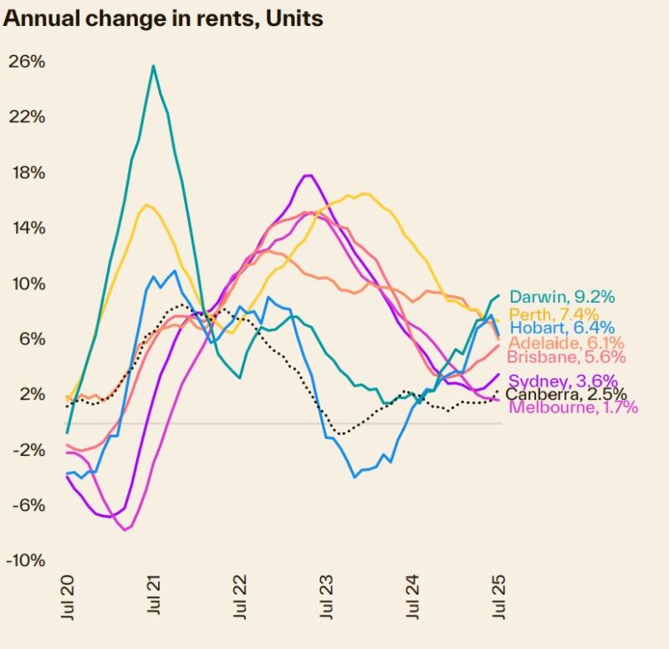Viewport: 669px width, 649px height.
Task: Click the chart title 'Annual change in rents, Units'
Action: [x=163, y=18]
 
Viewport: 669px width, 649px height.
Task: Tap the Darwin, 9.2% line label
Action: [x=562, y=297]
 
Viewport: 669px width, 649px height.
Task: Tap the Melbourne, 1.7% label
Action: [x=573, y=407]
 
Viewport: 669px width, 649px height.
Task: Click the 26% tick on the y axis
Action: [x=27, y=62]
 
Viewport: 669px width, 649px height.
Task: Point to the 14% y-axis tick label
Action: [x=27, y=228]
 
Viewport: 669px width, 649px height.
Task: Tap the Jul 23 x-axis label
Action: [x=327, y=596]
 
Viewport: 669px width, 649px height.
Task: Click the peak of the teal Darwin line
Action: [x=153, y=65]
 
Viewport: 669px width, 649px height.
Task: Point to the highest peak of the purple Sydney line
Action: [x=308, y=175]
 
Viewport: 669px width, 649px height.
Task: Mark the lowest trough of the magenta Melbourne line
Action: [x=125, y=529]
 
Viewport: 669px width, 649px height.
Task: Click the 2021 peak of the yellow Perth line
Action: [x=147, y=204]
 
